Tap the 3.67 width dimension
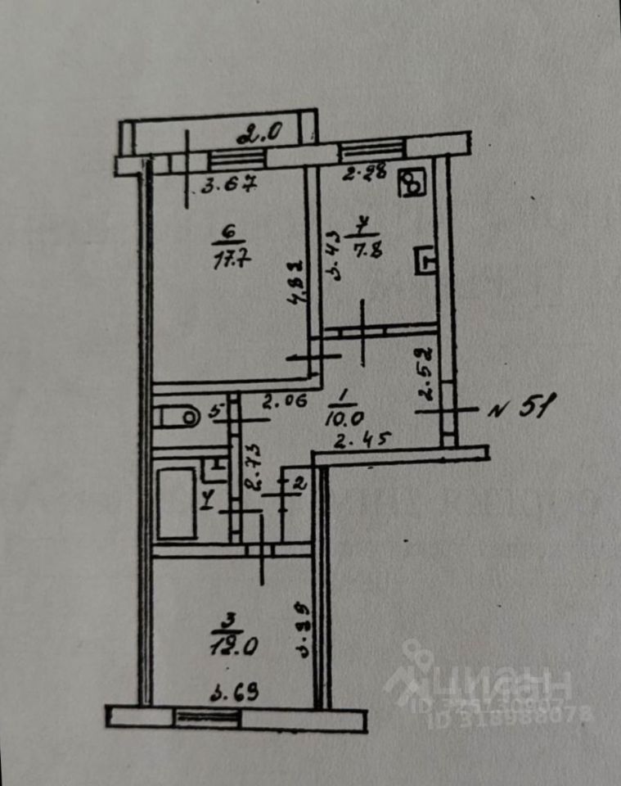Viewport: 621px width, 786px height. pos(230,184)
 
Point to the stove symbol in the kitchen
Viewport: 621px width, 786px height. pos(413,183)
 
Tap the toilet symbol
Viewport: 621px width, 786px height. pos(176,416)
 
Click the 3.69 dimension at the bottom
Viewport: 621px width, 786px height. pos(235,695)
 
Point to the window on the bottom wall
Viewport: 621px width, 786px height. pos(208,718)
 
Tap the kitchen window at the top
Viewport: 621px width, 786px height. pos(371,150)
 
